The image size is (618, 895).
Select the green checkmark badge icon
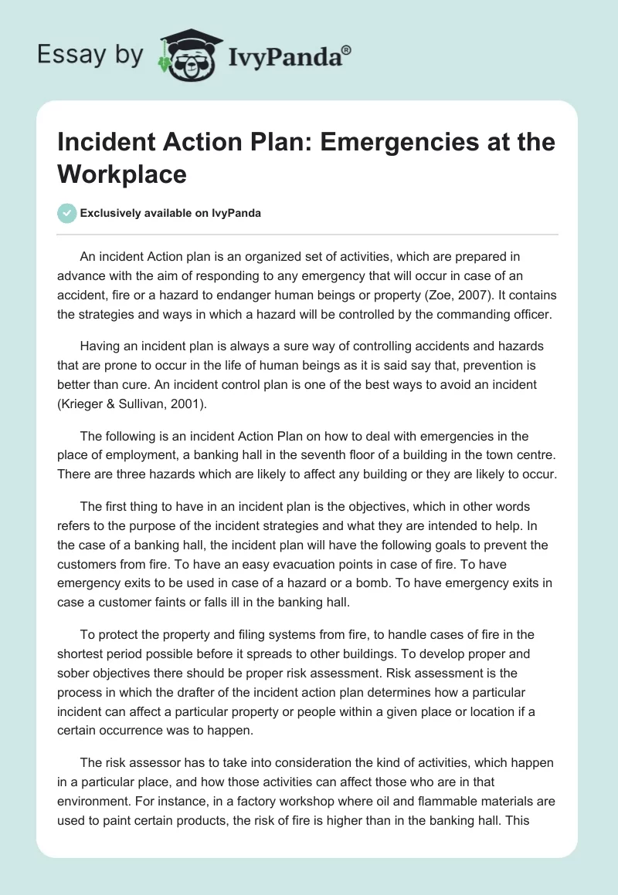[x=67, y=213]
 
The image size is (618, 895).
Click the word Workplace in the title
[x=123, y=174]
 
